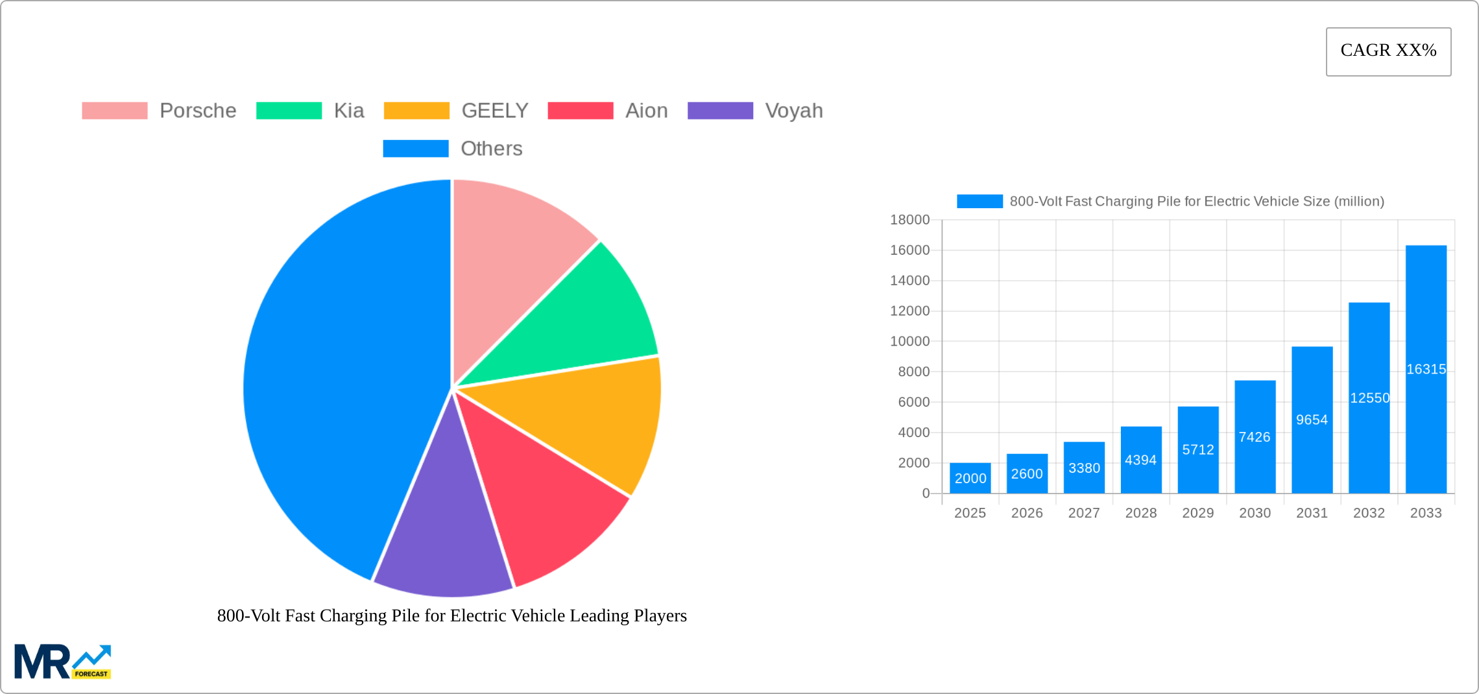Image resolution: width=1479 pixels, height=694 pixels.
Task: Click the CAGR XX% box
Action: click(1388, 51)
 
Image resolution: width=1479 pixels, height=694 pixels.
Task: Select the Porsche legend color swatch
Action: click(115, 111)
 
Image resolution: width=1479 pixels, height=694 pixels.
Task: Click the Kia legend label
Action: click(349, 111)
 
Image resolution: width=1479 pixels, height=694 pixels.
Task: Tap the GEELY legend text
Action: click(495, 111)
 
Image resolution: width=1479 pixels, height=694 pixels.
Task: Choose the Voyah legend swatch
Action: click(720, 111)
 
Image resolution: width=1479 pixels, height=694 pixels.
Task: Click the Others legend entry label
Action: click(491, 149)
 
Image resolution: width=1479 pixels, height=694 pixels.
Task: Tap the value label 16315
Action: click(1426, 369)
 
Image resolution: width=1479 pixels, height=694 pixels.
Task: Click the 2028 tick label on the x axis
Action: click(1140, 513)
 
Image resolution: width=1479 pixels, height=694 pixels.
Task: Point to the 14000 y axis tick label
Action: click(909, 281)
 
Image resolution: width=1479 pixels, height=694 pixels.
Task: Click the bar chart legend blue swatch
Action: click(980, 202)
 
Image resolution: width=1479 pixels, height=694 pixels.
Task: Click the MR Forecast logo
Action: click(63, 662)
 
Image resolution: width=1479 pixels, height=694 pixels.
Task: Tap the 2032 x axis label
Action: click(1369, 513)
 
